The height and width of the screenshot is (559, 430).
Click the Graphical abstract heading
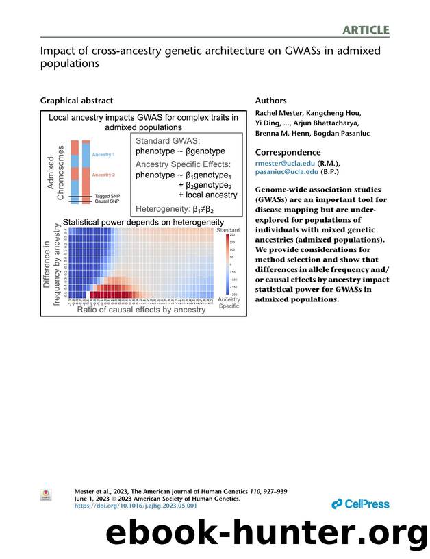(x=77, y=101)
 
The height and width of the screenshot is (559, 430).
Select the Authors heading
(x=271, y=101)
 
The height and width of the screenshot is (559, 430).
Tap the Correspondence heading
(x=288, y=152)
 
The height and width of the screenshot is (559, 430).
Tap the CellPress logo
(x=360, y=504)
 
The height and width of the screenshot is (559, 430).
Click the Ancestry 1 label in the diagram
(x=103, y=155)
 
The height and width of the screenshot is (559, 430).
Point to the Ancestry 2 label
(x=103, y=175)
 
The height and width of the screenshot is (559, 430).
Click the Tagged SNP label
(x=106, y=195)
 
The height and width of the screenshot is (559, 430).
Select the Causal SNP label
(x=106, y=201)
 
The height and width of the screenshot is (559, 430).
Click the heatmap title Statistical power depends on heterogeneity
(x=143, y=223)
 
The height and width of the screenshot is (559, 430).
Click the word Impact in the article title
(x=58, y=51)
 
